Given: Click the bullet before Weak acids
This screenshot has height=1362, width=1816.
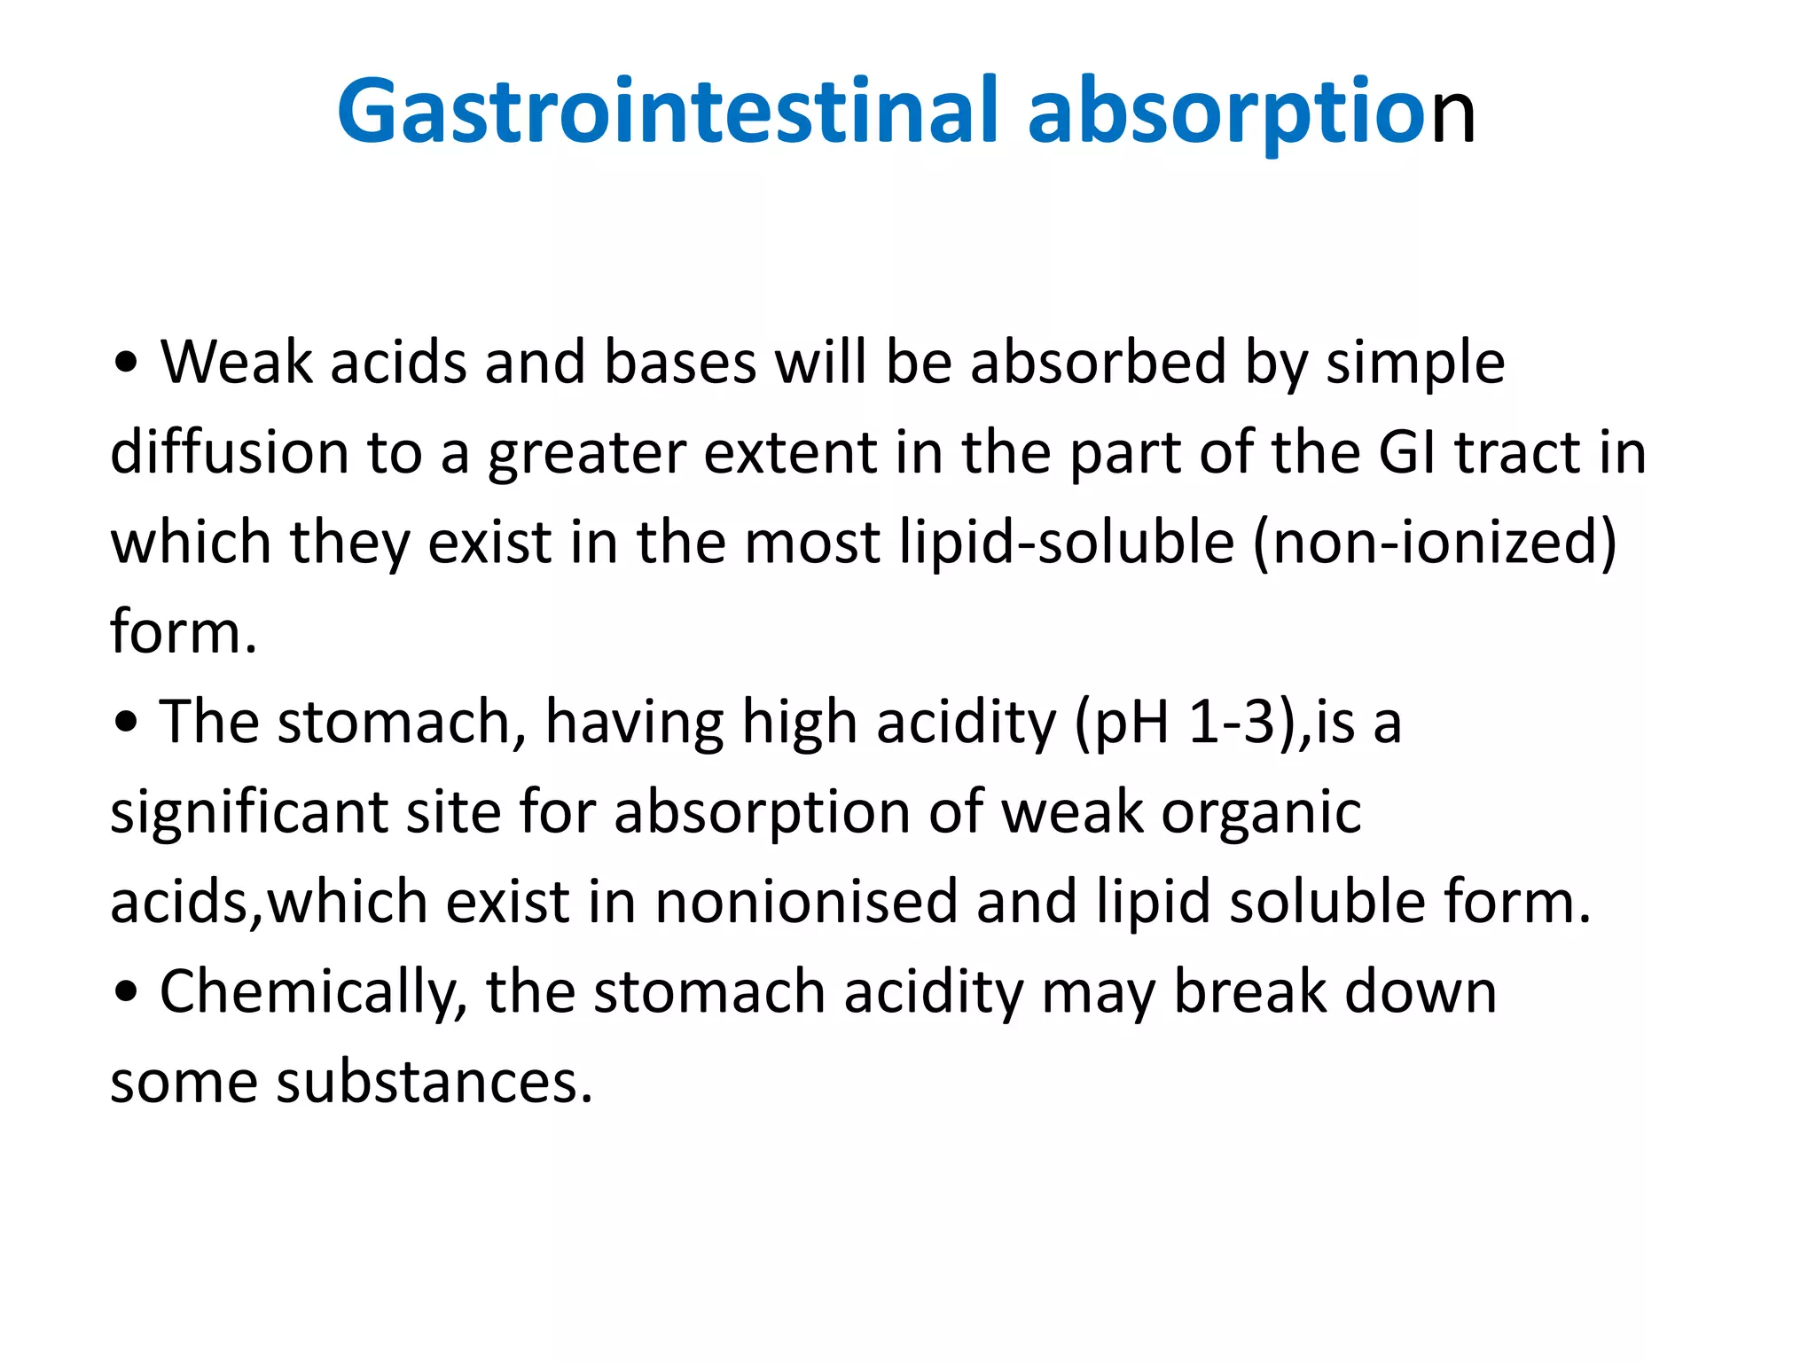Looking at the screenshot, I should [x=127, y=363].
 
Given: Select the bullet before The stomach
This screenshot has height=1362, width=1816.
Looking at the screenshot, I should [x=127, y=722].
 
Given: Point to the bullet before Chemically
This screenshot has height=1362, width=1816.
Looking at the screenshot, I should [x=127, y=992].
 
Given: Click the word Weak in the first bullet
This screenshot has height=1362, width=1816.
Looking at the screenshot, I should [x=236, y=363].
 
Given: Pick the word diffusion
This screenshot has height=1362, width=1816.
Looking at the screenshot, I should [x=229, y=452].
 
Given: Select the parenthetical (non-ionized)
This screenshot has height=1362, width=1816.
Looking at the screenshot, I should [x=1435, y=542].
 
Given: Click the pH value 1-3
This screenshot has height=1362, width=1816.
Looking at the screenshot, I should [x=1232, y=722].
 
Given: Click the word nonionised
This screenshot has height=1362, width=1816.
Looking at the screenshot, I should [x=806, y=902].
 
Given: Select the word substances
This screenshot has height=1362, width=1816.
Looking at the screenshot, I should [x=434, y=1082].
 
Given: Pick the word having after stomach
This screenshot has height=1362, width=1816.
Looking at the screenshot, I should [x=634, y=723].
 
